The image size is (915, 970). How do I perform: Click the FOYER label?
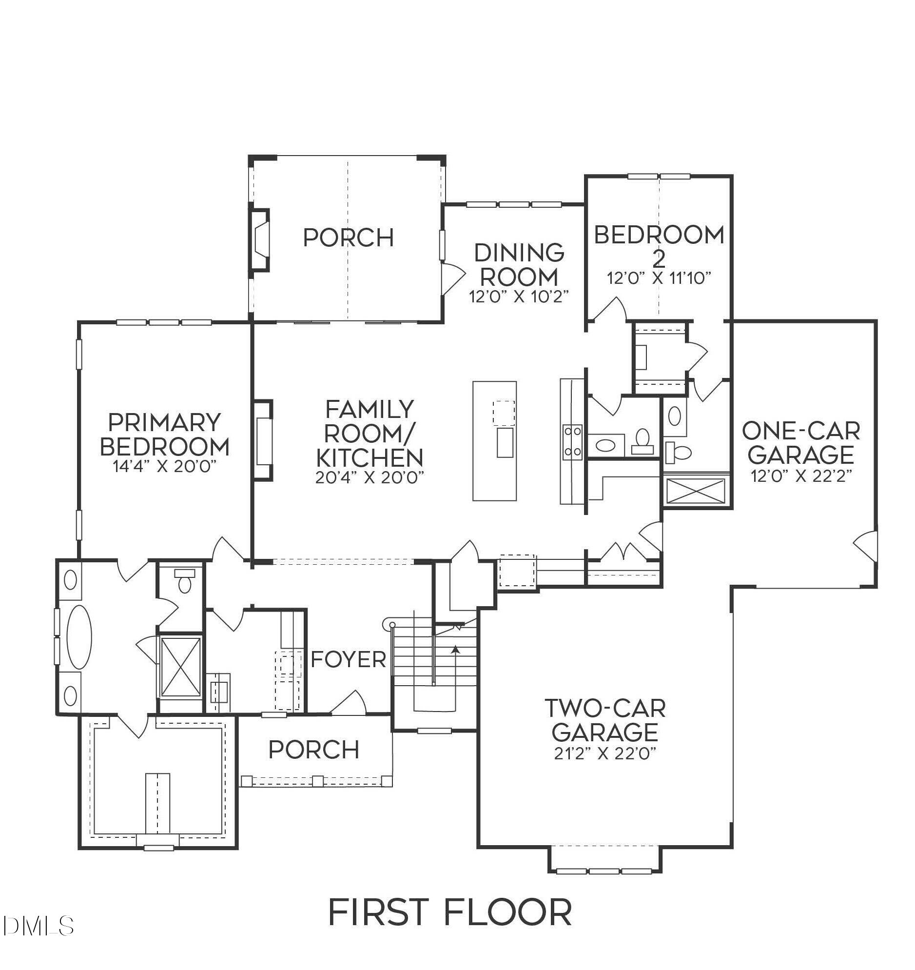(348, 660)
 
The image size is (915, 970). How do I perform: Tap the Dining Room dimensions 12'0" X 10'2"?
(519, 297)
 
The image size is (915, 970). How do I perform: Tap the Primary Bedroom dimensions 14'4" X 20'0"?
(164, 466)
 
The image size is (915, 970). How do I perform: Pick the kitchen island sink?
(505, 442)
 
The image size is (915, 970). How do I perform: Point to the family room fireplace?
(263, 440)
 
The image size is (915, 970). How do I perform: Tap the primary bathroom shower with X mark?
(180, 667)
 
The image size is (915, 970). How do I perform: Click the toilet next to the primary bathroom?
(184, 582)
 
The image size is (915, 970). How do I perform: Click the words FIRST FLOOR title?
(449, 912)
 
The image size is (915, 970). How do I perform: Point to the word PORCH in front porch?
(313, 750)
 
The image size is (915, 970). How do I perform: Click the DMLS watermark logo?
(38, 926)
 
